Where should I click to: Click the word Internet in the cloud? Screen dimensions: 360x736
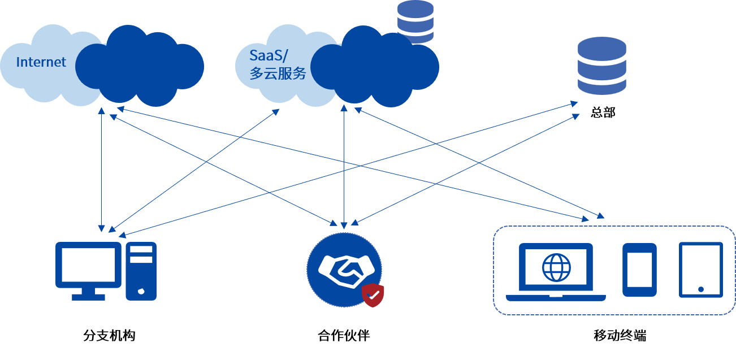click(x=41, y=62)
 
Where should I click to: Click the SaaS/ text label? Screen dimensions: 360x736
click(x=269, y=55)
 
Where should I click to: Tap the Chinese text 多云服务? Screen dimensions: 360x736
click(x=278, y=73)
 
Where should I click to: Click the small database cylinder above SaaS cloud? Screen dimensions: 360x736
click(x=415, y=21)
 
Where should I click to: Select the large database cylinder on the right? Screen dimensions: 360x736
click(x=601, y=66)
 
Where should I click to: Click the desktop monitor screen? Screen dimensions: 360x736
click(x=89, y=264)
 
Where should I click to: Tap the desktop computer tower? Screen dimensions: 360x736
click(x=141, y=271)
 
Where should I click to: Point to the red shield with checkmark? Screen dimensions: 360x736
click(x=373, y=295)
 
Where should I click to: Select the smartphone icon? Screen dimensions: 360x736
click(x=639, y=270)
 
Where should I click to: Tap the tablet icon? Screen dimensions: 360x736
click(x=700, y=270)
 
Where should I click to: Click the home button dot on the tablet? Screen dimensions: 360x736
click(x=701, y=289)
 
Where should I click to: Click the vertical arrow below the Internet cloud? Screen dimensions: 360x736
click(x=101, y=170)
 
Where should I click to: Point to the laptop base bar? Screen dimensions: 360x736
click(x=556, y=298)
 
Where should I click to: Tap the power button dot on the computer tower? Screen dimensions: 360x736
click(x=141, y=291)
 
